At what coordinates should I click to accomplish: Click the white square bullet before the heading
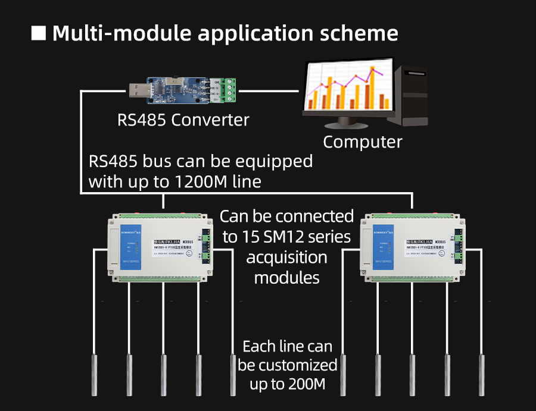(39, 33)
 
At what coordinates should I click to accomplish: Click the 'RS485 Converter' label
(183, 120)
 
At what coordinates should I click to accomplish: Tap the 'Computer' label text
(362, 142)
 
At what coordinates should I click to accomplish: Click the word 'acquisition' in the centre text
(286, 258)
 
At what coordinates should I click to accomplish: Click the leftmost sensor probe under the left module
(95, 372)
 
